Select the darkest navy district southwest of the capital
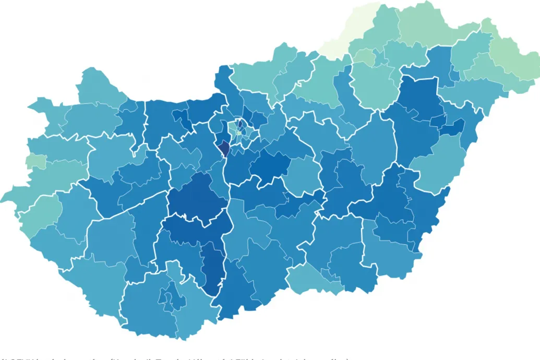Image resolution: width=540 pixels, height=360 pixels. click(x=224, y=149)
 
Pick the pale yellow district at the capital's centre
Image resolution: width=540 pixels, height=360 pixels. click(x=238, y=133)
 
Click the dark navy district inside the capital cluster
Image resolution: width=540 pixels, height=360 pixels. click(x=242, y=124)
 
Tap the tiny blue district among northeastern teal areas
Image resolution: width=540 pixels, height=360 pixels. click(x=454, y=75)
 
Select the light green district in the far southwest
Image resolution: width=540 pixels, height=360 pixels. click(x=39, y=214)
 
